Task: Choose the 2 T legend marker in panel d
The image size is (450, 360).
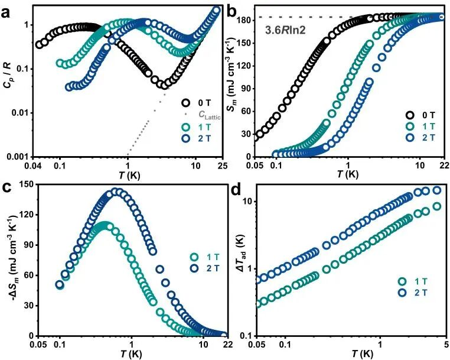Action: tap(403, 293)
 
